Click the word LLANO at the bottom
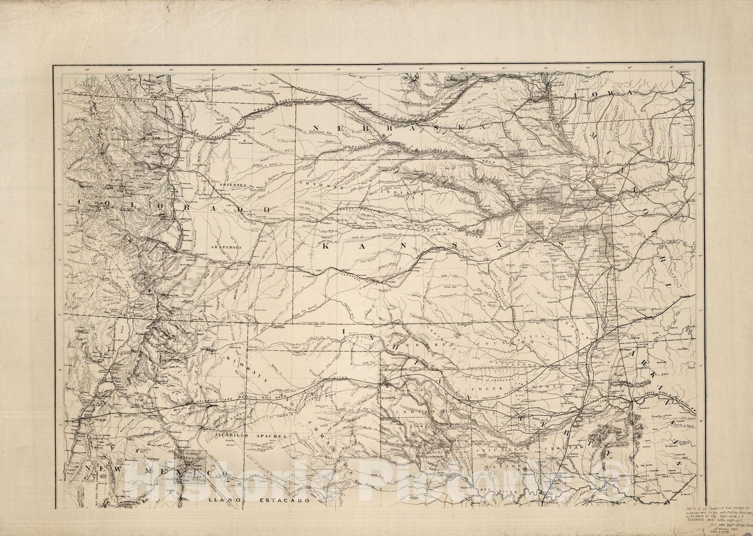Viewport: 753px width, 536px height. (222, 500)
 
